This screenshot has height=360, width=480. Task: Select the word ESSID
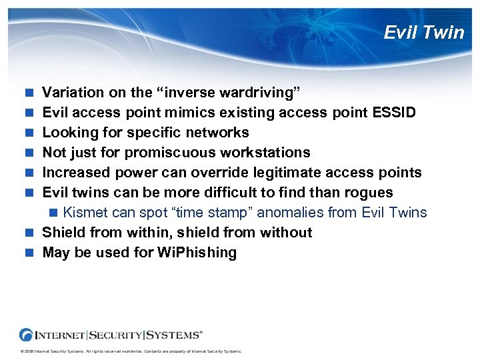point(394,113)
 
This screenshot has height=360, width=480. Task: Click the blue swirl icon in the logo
point(27,334)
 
